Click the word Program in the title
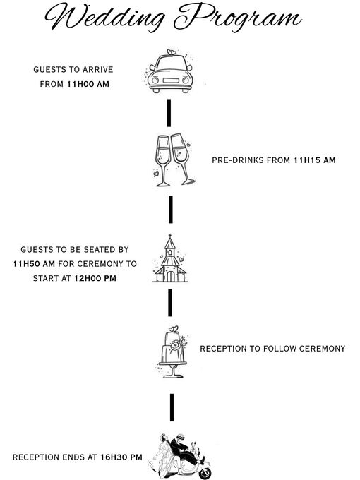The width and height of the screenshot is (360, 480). coord(238,17)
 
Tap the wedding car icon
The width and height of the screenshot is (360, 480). coord(170,71)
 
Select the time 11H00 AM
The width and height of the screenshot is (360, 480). coord(88,84)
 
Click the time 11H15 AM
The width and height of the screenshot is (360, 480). coord(315,160)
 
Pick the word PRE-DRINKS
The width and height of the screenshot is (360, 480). coord(238,160)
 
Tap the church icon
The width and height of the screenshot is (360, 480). coord(170,258)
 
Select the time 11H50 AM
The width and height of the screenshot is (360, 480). coord(34,264)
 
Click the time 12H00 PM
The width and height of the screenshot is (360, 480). coord(95,279)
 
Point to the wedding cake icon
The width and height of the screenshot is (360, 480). coord(173,352)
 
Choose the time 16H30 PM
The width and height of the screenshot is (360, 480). coord(121,457)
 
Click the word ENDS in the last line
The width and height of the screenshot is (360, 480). coord(73,457)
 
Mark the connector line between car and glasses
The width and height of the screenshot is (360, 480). coord(169,113)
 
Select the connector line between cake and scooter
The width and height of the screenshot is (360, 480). coord(172,407)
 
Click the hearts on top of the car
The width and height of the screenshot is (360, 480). coord(172,52)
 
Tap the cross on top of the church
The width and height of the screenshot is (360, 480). coord(170,236)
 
